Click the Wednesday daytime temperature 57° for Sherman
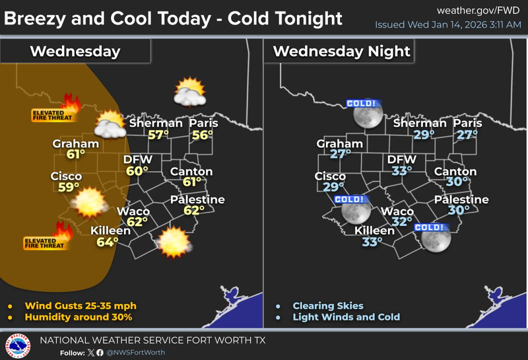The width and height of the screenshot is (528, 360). (158, 135)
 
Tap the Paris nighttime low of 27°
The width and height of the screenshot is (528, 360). (467, 135)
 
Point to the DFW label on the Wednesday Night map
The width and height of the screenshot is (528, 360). (402, 160)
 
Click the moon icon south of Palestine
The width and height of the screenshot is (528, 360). (435, 238)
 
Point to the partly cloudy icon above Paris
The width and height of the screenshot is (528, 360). (188, 93)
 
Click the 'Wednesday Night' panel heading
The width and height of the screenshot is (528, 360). (341, 51)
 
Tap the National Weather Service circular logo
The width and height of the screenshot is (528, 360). (17, 345)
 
